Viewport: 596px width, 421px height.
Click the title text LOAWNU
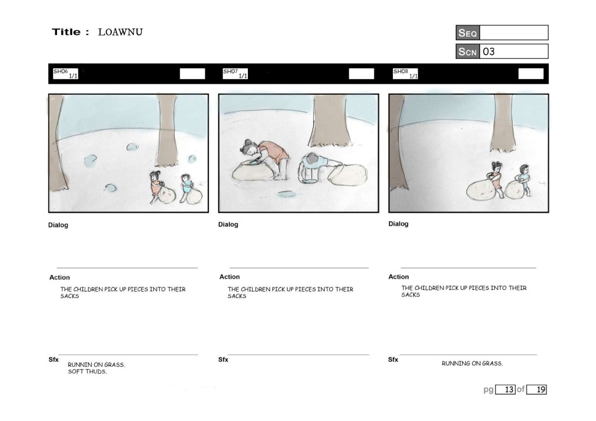(x=120, y=32)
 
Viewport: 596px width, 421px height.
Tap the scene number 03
(x=489, y=51)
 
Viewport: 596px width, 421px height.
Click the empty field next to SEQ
(x=514, y=33)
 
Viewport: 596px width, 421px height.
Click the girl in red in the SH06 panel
(x=156, y=186)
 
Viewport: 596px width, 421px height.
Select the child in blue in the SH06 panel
(x=187, y=187)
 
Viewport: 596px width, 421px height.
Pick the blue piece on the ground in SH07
(x=286, y=194)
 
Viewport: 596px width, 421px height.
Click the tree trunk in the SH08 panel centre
(x=503, y=122)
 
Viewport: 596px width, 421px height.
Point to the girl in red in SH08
(x=496, y=179)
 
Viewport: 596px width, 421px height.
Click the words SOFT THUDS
(x=87, y=372)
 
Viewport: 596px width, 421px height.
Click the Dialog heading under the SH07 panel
(x=228, y=224)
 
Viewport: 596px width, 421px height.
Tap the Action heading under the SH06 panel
(x=59, y=277)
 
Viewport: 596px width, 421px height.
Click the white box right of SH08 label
(x=531, y=74)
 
